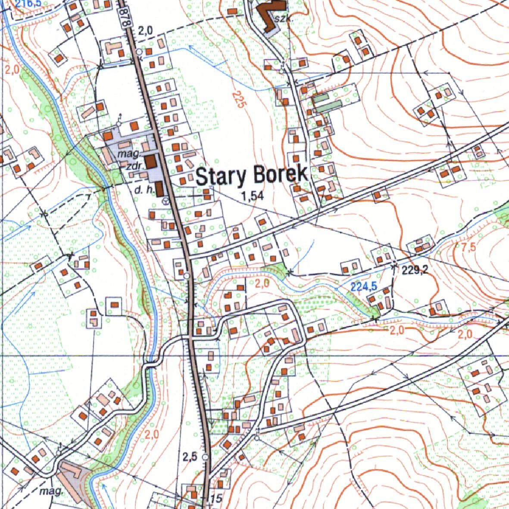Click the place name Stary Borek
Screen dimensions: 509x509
[252, 175]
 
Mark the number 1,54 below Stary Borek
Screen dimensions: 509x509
[253, 197]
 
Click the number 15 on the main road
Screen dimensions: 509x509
[216, 499]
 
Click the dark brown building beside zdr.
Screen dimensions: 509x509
[150, 162]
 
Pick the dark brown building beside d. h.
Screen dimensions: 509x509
[159, 188]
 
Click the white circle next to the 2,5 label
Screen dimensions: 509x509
[205, 456]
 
